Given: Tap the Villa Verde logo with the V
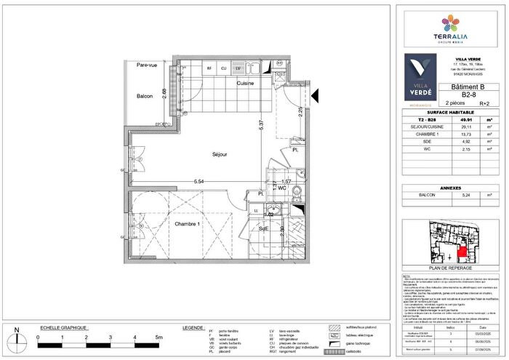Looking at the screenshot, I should point(420,76).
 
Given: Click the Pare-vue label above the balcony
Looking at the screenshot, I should point(147,65).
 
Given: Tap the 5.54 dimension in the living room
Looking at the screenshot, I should point(199,181).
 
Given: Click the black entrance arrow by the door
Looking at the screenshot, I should point(314,95).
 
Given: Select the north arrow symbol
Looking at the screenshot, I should point(17,338).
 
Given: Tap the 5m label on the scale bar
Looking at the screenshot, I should point(158,338).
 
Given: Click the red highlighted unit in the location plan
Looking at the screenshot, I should point(463,251).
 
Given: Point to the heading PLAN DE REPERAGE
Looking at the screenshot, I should point(451,268).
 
